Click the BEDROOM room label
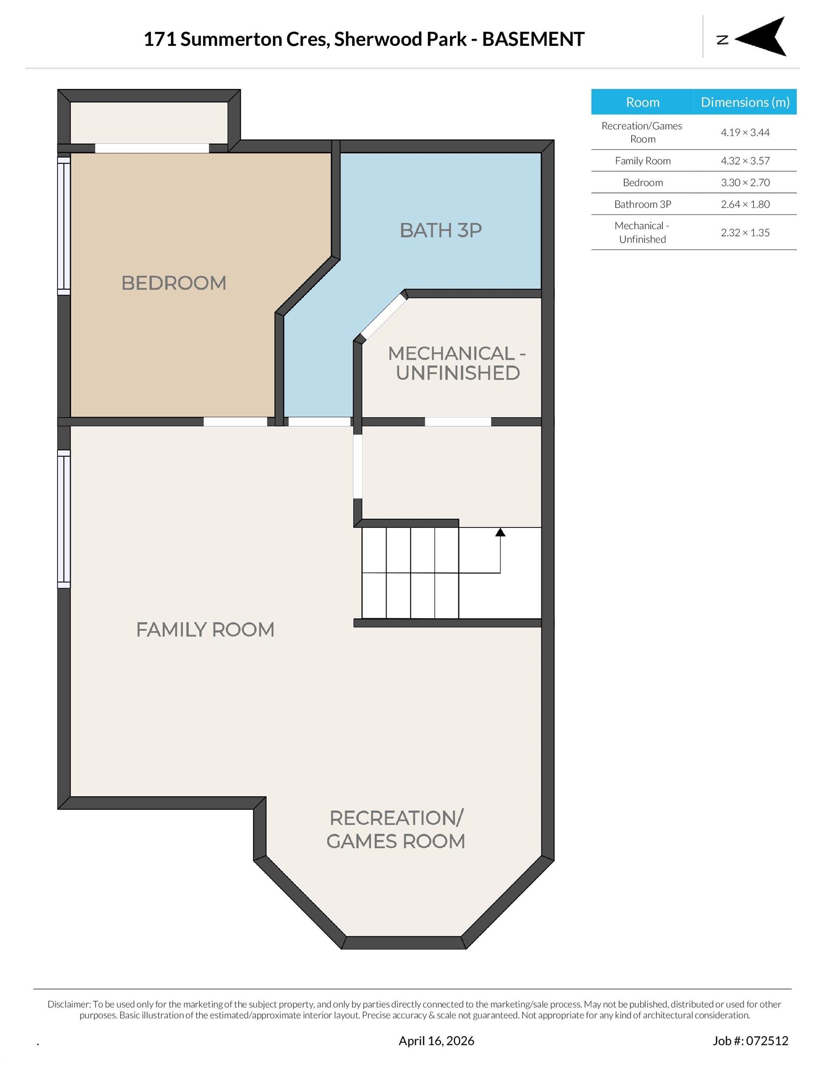[174, 283]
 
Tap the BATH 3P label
[441, 230]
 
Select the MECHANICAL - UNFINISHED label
[457, 363]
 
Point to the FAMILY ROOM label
[205, 629]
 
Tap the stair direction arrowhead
[500, 532]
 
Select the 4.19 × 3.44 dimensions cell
[744, 133]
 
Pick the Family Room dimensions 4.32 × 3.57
[744, 161]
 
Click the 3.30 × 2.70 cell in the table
[744, 182]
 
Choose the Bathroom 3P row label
[642, 204]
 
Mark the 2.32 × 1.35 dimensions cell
[744, 233]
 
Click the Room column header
[642, 102]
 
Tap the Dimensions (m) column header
[744, 102]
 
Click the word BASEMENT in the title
[533, 39]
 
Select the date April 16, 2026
[436, 1041]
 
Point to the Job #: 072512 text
[750, 1041]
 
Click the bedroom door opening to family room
[235, 421]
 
